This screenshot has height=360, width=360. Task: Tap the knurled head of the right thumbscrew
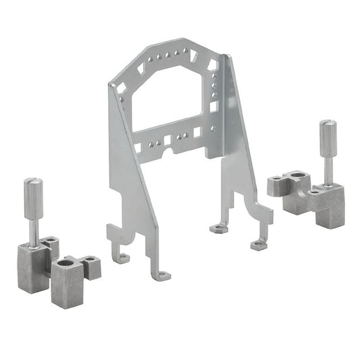327,136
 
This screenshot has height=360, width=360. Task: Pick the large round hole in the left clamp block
66,260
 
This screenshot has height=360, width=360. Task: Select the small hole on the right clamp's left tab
276,178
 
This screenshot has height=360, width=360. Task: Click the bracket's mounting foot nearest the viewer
163,275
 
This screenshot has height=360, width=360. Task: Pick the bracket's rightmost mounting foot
258,245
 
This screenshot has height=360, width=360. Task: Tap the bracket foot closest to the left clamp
122,257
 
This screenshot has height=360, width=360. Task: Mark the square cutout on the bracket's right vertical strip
214,106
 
